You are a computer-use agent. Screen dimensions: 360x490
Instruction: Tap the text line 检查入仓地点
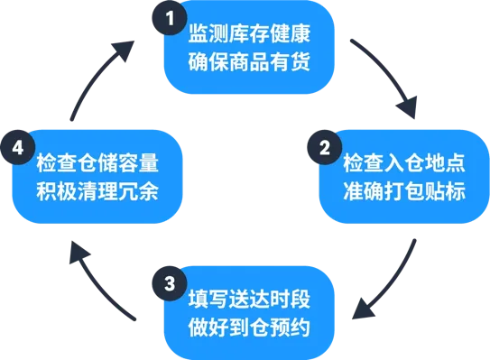(403, 167)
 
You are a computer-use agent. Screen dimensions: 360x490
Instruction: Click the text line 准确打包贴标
(403, 193)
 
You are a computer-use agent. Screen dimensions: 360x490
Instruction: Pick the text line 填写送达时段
(250, 300)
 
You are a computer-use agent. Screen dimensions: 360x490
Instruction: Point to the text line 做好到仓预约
(250, 327)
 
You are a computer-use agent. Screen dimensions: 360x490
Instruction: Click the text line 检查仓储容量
(97, 167)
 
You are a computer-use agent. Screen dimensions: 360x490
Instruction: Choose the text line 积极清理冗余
(97, 193)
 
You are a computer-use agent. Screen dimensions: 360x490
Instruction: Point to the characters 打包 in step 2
(403, 193)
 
